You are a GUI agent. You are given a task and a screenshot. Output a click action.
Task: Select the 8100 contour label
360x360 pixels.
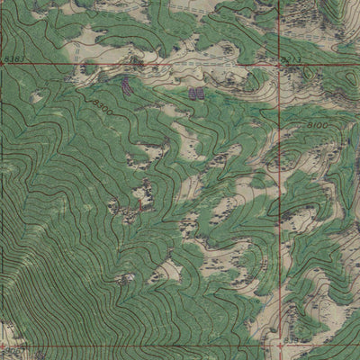coord(317,124)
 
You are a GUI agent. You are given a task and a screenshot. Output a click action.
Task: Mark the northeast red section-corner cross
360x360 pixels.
coord(278,66)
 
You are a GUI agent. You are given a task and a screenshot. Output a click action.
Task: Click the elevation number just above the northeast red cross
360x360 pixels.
coord(289,58)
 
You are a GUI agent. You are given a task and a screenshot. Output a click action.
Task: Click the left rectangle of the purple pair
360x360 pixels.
coord(192,92)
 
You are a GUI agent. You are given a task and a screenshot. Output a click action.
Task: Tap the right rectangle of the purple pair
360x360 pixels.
coord(201,92)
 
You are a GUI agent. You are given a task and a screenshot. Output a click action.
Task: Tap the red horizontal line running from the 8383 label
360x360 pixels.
coord(135,66)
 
